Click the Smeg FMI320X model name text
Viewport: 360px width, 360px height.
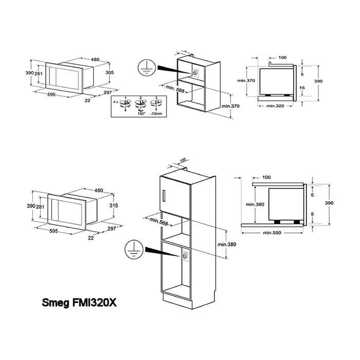[79, 303]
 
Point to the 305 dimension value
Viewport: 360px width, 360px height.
[109, 73]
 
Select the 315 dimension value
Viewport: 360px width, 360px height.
[114, 205]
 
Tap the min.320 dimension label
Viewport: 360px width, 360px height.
[275, 105]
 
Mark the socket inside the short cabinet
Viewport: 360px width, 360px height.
[195, 72]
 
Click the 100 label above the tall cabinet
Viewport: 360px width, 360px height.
[183, 160]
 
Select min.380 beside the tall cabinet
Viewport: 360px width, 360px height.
[227, 244]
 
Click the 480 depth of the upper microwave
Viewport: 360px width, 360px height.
[95, 60]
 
